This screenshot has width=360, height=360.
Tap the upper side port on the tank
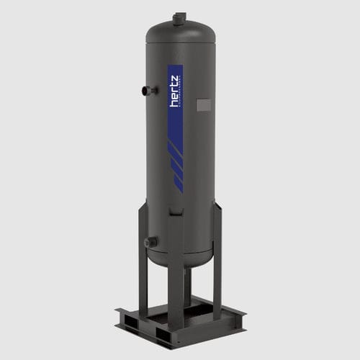[148, 91]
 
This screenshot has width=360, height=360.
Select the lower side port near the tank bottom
[150, 243]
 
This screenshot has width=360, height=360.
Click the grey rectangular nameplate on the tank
[204, 105]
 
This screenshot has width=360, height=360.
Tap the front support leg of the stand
[176, 288]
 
